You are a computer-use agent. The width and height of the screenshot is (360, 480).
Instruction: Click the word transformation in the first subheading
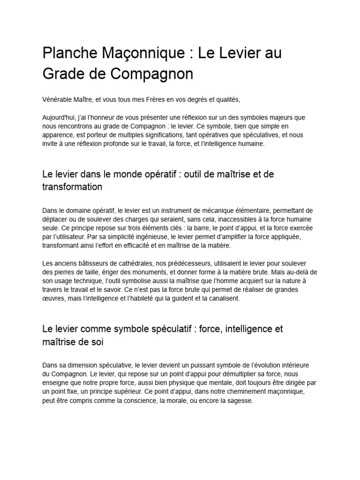[72, 187]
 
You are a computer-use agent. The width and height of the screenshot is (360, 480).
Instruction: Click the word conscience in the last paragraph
[132, 401]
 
